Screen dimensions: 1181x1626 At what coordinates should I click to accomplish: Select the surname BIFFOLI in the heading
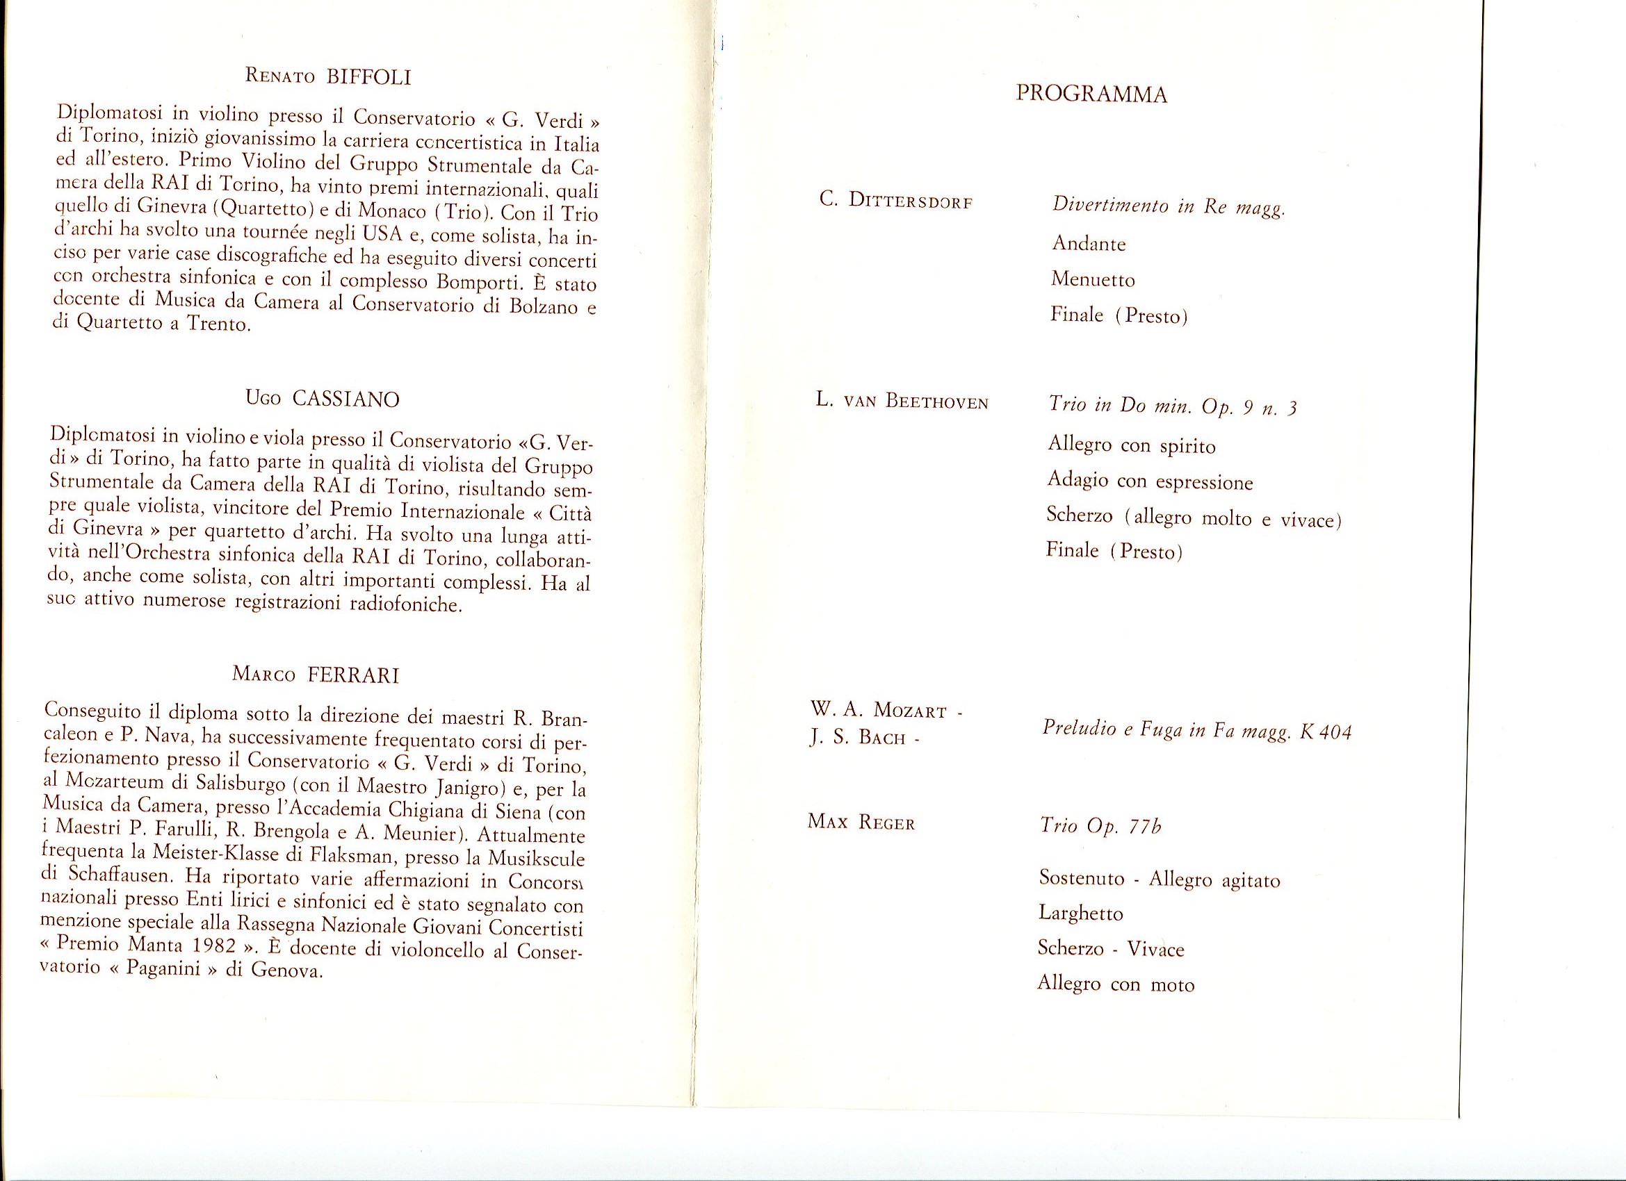pos(368,76)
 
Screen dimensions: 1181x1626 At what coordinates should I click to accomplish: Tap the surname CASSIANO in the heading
pos(345,399)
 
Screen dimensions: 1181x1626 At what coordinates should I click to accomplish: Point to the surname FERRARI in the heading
pos(352,675)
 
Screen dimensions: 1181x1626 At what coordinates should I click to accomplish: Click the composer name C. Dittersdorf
pos(895,201)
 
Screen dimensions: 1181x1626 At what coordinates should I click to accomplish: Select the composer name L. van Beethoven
pos(902,402)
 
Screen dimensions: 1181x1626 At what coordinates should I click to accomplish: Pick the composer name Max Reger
pos(861,823)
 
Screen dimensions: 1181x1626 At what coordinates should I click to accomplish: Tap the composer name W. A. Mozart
pos(883,711)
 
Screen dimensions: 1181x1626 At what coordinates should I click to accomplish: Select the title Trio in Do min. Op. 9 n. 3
pos(1172,407)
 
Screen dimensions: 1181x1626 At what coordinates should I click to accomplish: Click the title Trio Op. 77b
pos(1100,826)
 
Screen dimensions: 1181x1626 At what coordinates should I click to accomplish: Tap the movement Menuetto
pos(1093,279)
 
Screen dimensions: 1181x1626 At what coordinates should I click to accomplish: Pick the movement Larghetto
pos(1080,914)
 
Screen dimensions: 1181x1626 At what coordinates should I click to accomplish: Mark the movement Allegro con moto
pos(1116,984)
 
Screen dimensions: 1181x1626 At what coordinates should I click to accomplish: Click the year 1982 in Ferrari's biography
pos(210,945)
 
